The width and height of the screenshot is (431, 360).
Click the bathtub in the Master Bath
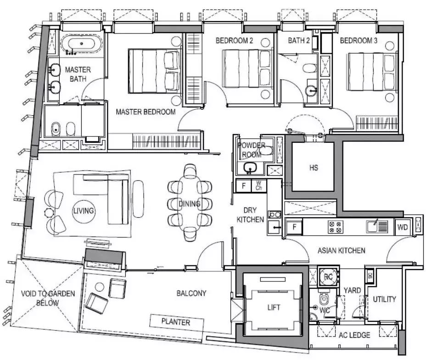pos(82,44)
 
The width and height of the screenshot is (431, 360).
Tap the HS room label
pos(313,168)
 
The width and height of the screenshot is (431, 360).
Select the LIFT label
pos(274,307)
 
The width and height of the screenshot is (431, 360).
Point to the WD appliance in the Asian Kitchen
pos(403,227)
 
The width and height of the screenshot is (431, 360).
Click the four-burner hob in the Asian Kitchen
pos(336,227)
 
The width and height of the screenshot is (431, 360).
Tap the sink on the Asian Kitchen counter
pos(377,226)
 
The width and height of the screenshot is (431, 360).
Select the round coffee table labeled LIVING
pos(84,211)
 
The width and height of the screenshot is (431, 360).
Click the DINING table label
pos(190,204)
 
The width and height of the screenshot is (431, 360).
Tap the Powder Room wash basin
pos(250,168)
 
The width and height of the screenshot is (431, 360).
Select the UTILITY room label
pos(384,299)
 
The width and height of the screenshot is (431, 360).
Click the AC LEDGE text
pos(354,335)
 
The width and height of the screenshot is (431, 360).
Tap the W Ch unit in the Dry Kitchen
pos(259,186)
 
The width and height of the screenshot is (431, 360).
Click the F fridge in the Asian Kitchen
pos(294,227)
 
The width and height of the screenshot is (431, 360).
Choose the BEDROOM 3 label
pos(358,41)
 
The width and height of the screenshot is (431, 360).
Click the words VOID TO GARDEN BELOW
pos(48,298)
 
